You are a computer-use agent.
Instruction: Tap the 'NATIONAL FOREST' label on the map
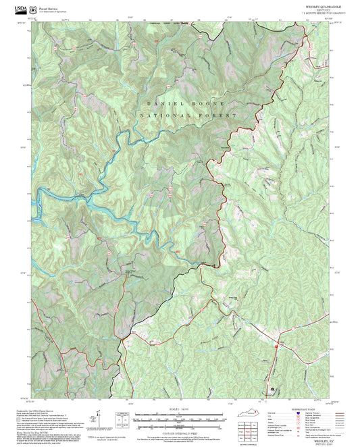(x=188, y=117)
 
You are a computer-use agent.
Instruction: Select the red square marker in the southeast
(x=276, y=346)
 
